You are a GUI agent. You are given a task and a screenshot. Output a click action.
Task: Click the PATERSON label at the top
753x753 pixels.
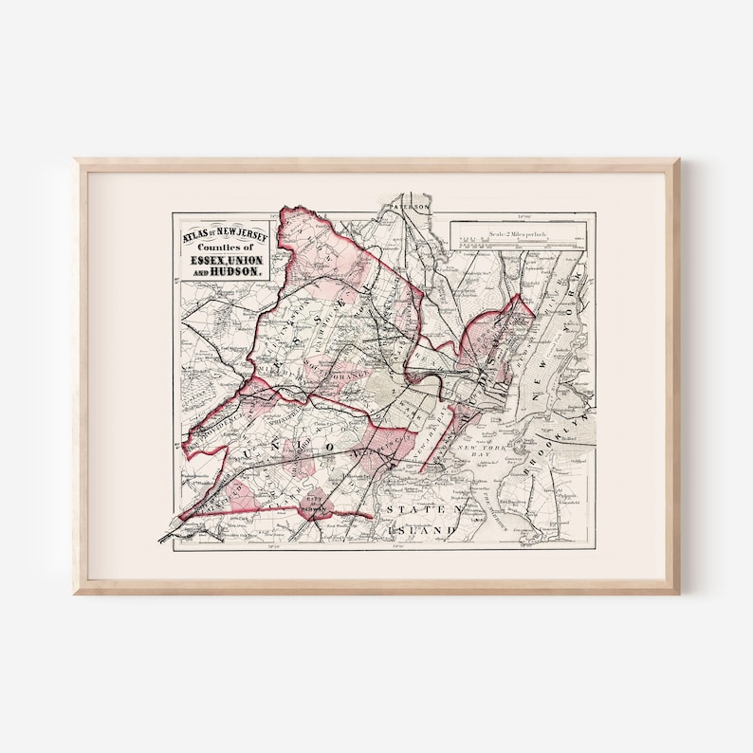click(x=413, y=206)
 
